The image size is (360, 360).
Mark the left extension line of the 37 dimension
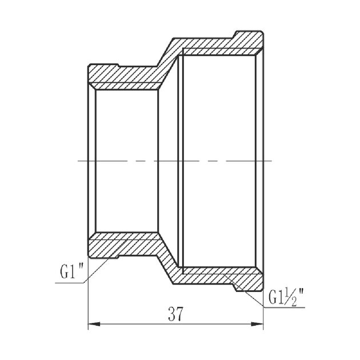tap(88, 297)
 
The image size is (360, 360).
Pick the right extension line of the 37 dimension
tap(264, 306)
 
